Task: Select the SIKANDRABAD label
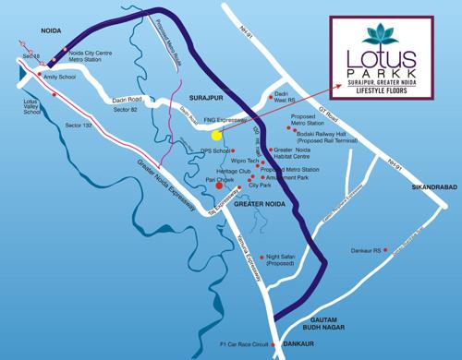431,184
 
